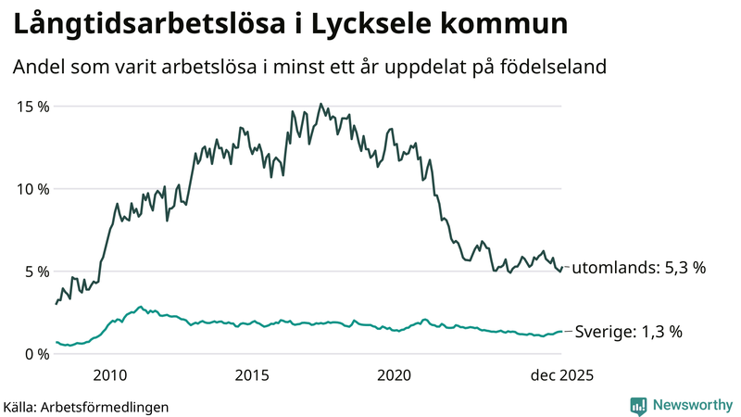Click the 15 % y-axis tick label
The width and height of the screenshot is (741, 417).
33,106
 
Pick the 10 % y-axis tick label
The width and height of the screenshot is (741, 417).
33,188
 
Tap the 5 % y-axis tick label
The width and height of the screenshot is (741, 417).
37,272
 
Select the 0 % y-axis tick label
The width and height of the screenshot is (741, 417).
37,354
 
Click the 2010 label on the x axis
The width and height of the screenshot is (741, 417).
110,375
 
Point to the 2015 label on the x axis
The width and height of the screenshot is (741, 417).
252,375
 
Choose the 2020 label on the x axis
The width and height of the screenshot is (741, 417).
394,375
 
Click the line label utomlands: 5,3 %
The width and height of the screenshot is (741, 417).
638,268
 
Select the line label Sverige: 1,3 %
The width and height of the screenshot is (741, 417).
629,332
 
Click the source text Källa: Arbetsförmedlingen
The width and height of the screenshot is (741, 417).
86,406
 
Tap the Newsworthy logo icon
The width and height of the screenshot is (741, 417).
638,405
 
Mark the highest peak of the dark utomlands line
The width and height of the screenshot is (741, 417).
320,104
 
